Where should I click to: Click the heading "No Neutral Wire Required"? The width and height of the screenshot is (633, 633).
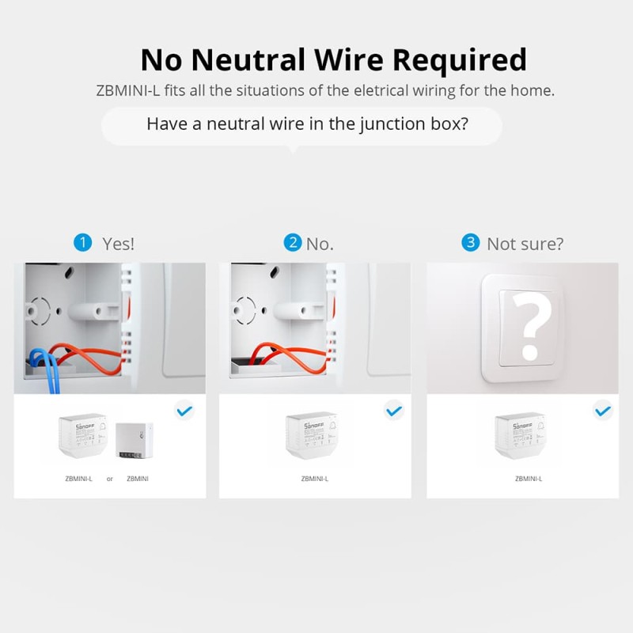(332, 59)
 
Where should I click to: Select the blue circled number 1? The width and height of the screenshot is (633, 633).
(83, 242)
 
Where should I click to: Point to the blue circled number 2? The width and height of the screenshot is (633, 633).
(294, 242)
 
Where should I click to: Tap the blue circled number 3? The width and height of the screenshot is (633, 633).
(472, 242)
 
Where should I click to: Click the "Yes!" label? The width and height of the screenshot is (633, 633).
(119, 244)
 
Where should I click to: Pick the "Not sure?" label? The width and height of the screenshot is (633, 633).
(525, 244)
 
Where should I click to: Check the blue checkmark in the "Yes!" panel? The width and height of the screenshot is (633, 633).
(184, 411)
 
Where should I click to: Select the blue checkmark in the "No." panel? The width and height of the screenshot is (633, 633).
(393, 411)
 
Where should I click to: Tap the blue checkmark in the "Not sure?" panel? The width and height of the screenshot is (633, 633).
(602, 411)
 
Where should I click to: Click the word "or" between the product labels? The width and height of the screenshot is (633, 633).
(110, 479)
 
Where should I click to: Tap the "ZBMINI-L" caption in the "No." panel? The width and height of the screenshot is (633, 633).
(315, 479)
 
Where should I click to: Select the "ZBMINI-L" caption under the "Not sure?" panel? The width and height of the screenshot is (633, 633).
(528, 479)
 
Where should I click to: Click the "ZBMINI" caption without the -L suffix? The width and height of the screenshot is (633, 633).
(138, 479)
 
